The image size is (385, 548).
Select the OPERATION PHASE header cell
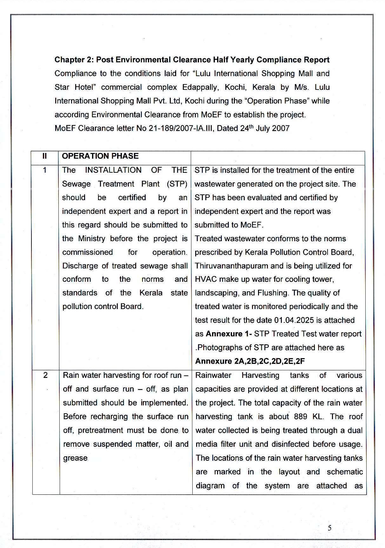(x=100, y=156)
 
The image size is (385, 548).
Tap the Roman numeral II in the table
(x=45, y=156)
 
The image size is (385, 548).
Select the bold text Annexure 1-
(x=229, y=334)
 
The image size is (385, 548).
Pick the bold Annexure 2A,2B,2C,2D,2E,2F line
(x=250, y=361)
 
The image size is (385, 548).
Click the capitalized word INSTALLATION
(x=113, y=170)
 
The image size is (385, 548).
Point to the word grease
(x=75, y=458)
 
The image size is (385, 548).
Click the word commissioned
(x=88, y=252)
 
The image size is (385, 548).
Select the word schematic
(x=345, y=472)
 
